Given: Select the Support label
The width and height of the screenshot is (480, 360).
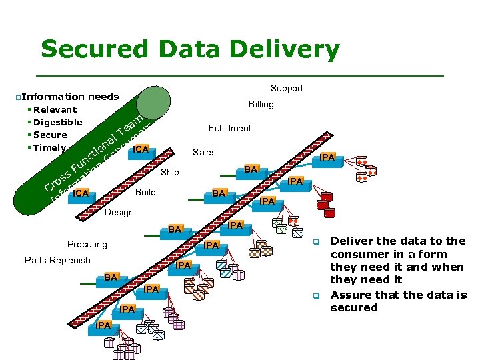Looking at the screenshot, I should pos(287,88).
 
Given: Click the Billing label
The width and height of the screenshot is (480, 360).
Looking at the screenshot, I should pos(261,104).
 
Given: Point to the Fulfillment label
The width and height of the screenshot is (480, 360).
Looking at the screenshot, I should pos(229,128).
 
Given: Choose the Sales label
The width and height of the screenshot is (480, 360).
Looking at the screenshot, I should pos(204,152).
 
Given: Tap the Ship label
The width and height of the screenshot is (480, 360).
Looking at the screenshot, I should pos(170,172).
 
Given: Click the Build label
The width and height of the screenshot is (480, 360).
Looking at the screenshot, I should pos(145,192).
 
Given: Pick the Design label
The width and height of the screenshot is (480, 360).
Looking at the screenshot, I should pos(119,212).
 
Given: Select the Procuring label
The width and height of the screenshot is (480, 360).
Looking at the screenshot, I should pos(87,244).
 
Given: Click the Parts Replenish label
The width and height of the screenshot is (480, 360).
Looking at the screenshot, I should pos(57,260).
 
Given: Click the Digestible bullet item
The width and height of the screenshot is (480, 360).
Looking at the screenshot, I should pos(57,122).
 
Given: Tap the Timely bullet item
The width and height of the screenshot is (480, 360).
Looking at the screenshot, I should pos(49,147).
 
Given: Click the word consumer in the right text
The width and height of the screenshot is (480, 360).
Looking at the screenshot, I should pos(359,254).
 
